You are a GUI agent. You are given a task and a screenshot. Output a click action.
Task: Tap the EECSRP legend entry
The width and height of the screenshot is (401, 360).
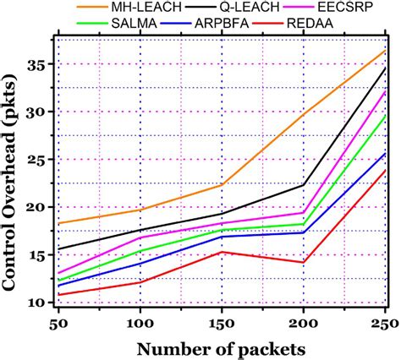(346, 8)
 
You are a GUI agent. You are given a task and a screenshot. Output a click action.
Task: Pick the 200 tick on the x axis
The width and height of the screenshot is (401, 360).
(304, 324)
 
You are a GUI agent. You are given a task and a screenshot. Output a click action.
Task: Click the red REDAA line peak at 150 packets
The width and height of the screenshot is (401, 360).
(222, 252)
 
